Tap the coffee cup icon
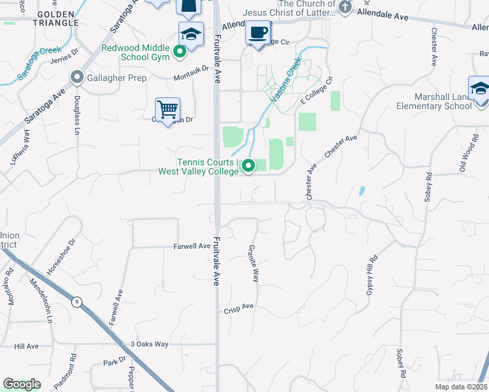coord(258,32)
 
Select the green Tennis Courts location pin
coord(248,167)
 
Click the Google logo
coord(22,384)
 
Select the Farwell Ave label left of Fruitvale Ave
coord(192,246)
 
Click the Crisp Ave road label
coord(239,306)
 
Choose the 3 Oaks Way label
coord(150,344)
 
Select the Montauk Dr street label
coord(191,68)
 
